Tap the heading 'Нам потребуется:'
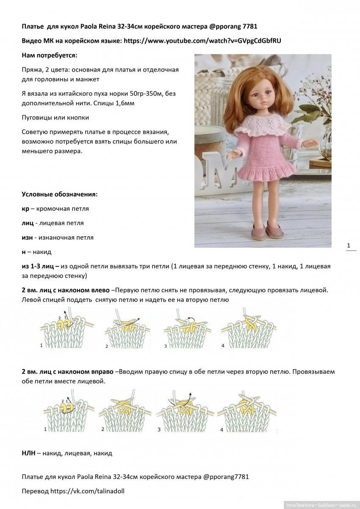(x=49, y=55)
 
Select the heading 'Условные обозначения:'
(x=59, y=194)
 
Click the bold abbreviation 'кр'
(x=25, y=209)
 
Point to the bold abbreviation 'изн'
(x=27, y=238)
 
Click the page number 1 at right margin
(x=349, y=245)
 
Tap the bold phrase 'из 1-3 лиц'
(x=40, y=266)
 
